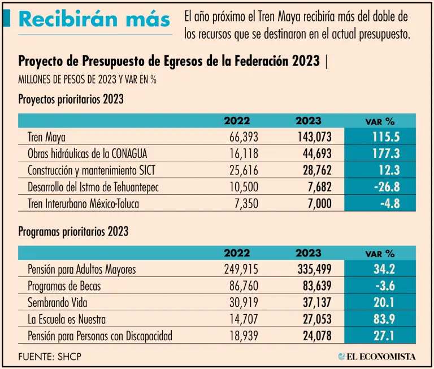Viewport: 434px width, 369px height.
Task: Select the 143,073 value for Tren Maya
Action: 314,137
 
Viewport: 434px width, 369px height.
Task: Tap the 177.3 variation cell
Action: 386,153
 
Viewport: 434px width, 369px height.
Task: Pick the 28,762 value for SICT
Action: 314,170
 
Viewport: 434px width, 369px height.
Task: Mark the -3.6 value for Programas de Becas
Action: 388,286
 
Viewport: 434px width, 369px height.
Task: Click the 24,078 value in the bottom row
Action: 314,336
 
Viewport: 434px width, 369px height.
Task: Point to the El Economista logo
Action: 377,357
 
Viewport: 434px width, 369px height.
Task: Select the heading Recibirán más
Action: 94,19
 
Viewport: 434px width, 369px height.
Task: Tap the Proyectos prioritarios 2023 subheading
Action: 71,100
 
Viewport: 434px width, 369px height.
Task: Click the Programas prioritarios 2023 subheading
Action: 73,232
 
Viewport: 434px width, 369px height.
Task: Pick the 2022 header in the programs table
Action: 237,253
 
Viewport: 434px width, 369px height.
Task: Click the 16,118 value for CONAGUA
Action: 245,153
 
